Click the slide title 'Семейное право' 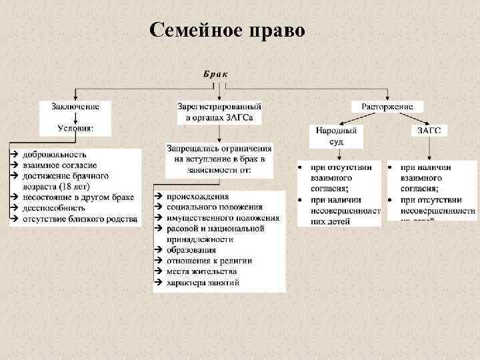point(227,31)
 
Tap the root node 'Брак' point(215,74)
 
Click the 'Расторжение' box point(387,106)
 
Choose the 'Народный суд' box point(336,136)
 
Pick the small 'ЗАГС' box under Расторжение point(429,131)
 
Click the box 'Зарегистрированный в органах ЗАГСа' point(219,112)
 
